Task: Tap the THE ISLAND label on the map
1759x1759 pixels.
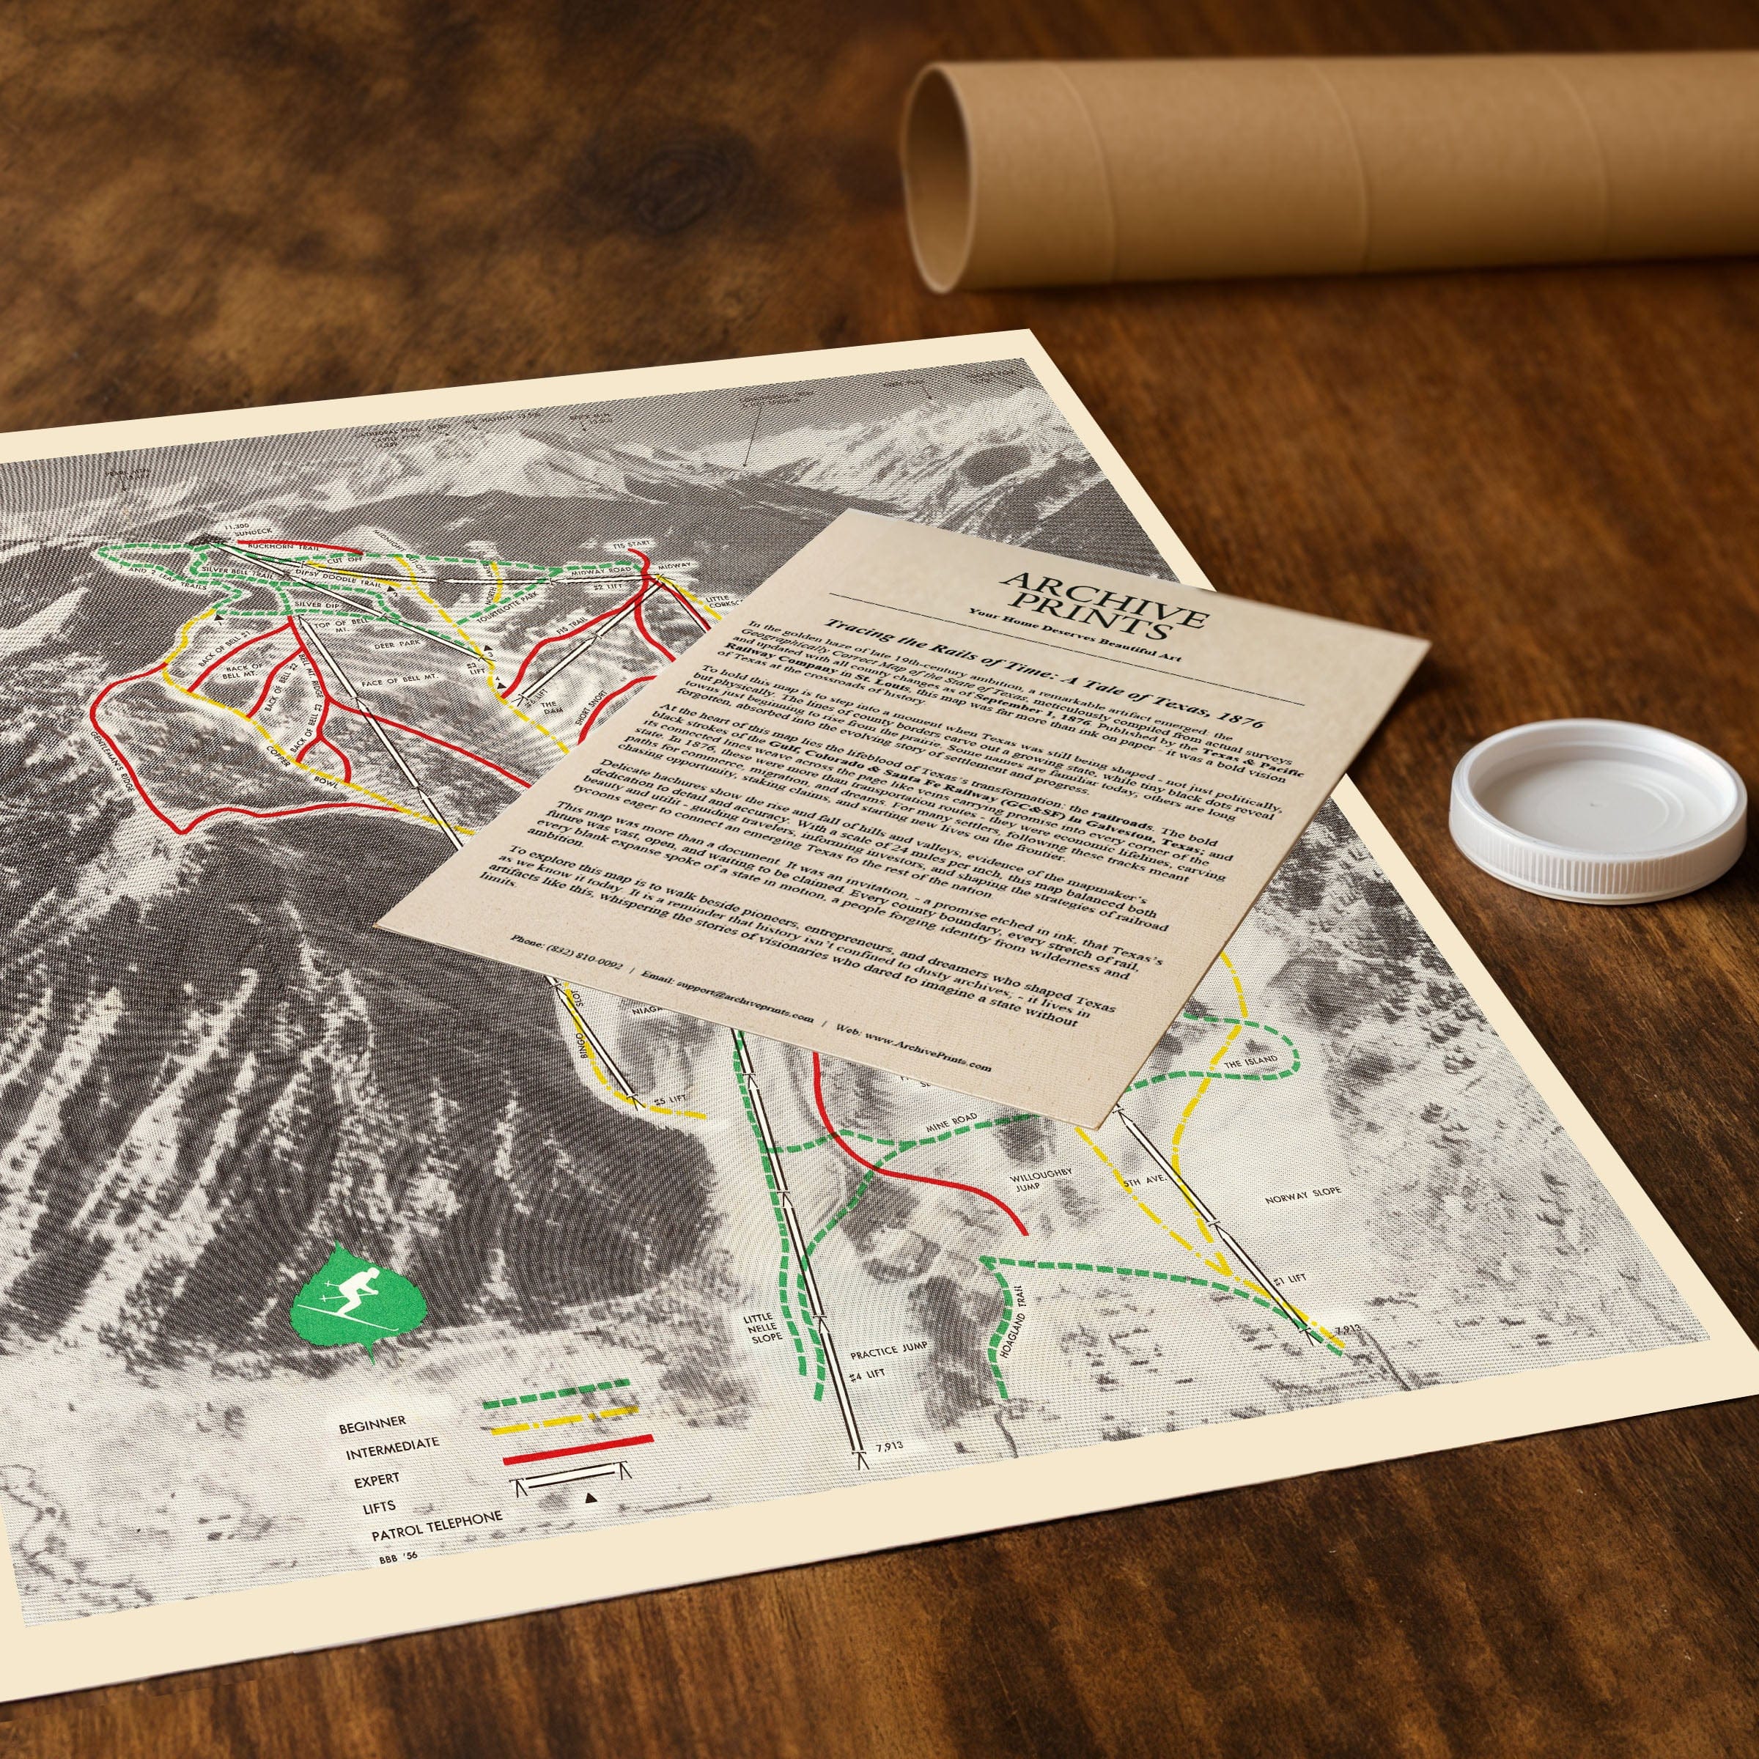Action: point(1248,1063)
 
